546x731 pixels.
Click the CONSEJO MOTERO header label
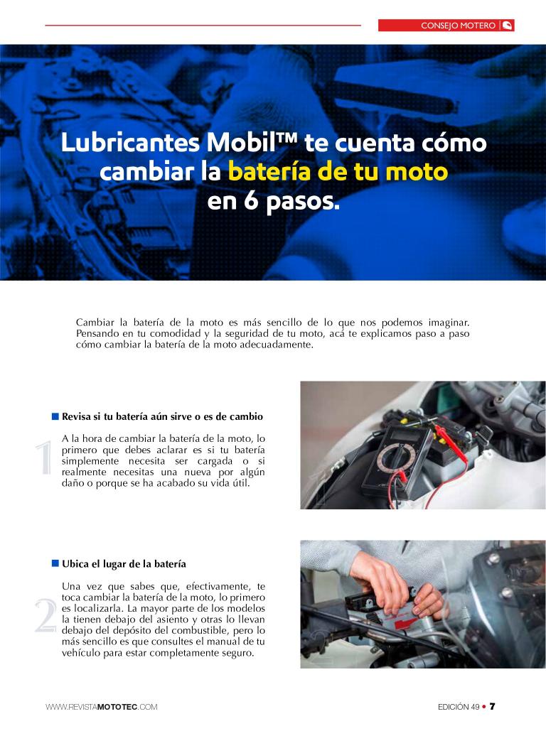(458, 26)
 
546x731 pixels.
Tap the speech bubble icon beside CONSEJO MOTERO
(508, 26)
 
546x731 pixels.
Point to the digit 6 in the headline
(251, 201)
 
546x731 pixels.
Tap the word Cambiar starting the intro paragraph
(95, 322)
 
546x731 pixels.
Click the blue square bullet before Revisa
(55, 416)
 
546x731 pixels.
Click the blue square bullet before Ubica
(55, 563)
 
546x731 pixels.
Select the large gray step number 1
(44, 457)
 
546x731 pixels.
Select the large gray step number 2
(45, 616)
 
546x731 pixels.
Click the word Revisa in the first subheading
(76, 416)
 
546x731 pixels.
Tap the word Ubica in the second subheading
(75, 563)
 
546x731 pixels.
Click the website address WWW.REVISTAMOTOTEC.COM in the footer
(101, 707)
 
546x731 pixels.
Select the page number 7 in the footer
(493, 706)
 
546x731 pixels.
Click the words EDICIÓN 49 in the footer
(459, 707)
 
